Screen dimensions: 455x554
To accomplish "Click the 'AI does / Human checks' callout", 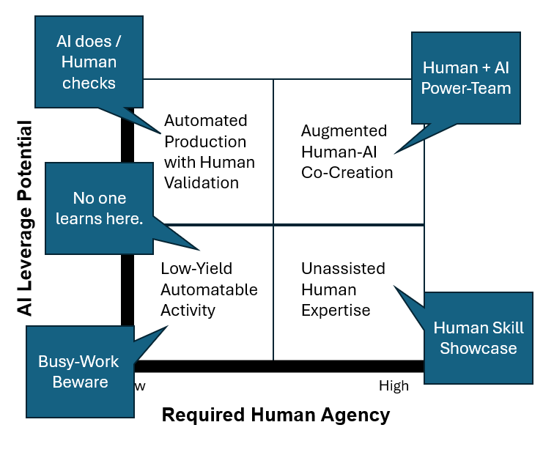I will (89, 62).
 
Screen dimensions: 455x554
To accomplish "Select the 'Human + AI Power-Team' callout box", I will (467, 78).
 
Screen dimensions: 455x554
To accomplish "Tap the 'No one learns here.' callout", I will (100, 208).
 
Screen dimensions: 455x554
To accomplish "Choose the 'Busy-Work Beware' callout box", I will (80, 371).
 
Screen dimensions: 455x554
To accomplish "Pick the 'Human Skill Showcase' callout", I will (478, 338).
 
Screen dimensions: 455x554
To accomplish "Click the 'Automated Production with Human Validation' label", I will (209, 152).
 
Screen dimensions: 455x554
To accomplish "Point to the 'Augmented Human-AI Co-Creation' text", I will (347, 152).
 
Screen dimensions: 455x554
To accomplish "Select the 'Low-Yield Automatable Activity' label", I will (209, 289).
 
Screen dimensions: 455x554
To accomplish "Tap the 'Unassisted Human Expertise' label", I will (343, 289).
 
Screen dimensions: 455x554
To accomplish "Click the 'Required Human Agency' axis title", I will (276, 415).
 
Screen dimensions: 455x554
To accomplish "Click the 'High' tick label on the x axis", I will (394, 386).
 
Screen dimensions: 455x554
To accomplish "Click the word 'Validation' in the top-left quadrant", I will (202, 183).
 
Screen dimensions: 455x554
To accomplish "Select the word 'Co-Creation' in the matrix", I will (347, 173).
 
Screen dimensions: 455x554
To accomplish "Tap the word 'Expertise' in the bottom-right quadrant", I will (336, 311).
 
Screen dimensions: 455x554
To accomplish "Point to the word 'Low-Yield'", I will (196, 269).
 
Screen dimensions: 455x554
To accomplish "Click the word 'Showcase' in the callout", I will (478, 348).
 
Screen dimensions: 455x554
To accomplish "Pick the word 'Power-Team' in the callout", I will (467, 88).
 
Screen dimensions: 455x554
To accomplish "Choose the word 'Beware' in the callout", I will (80, 382).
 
